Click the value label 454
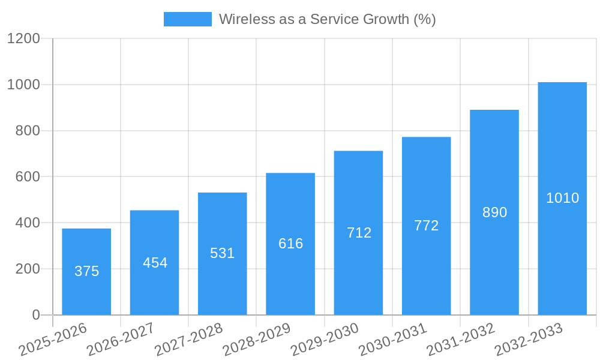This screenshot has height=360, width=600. tap(155, 263)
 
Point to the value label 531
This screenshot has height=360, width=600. tap(222, 253)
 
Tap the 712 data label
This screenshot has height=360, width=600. tap(359, 233)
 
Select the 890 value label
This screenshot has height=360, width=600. tap(494, 212)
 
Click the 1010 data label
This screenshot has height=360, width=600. tap(562, 198)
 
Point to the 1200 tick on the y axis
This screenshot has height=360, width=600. tap(23, 39)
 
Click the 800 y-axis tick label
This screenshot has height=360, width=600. tap(28, 131)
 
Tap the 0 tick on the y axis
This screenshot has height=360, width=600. tap(35, 315)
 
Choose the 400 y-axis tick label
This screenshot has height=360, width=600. tap(28, 223)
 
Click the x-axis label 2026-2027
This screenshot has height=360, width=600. tap(120, 340)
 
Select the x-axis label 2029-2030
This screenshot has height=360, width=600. tap(324, 340)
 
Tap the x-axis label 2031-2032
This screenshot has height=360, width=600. tap(460, 340)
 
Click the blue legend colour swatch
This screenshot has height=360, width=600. tap(187, 19)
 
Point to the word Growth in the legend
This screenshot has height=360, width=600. tap(386, 19)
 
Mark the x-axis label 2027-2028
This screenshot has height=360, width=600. tap(188, 340)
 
